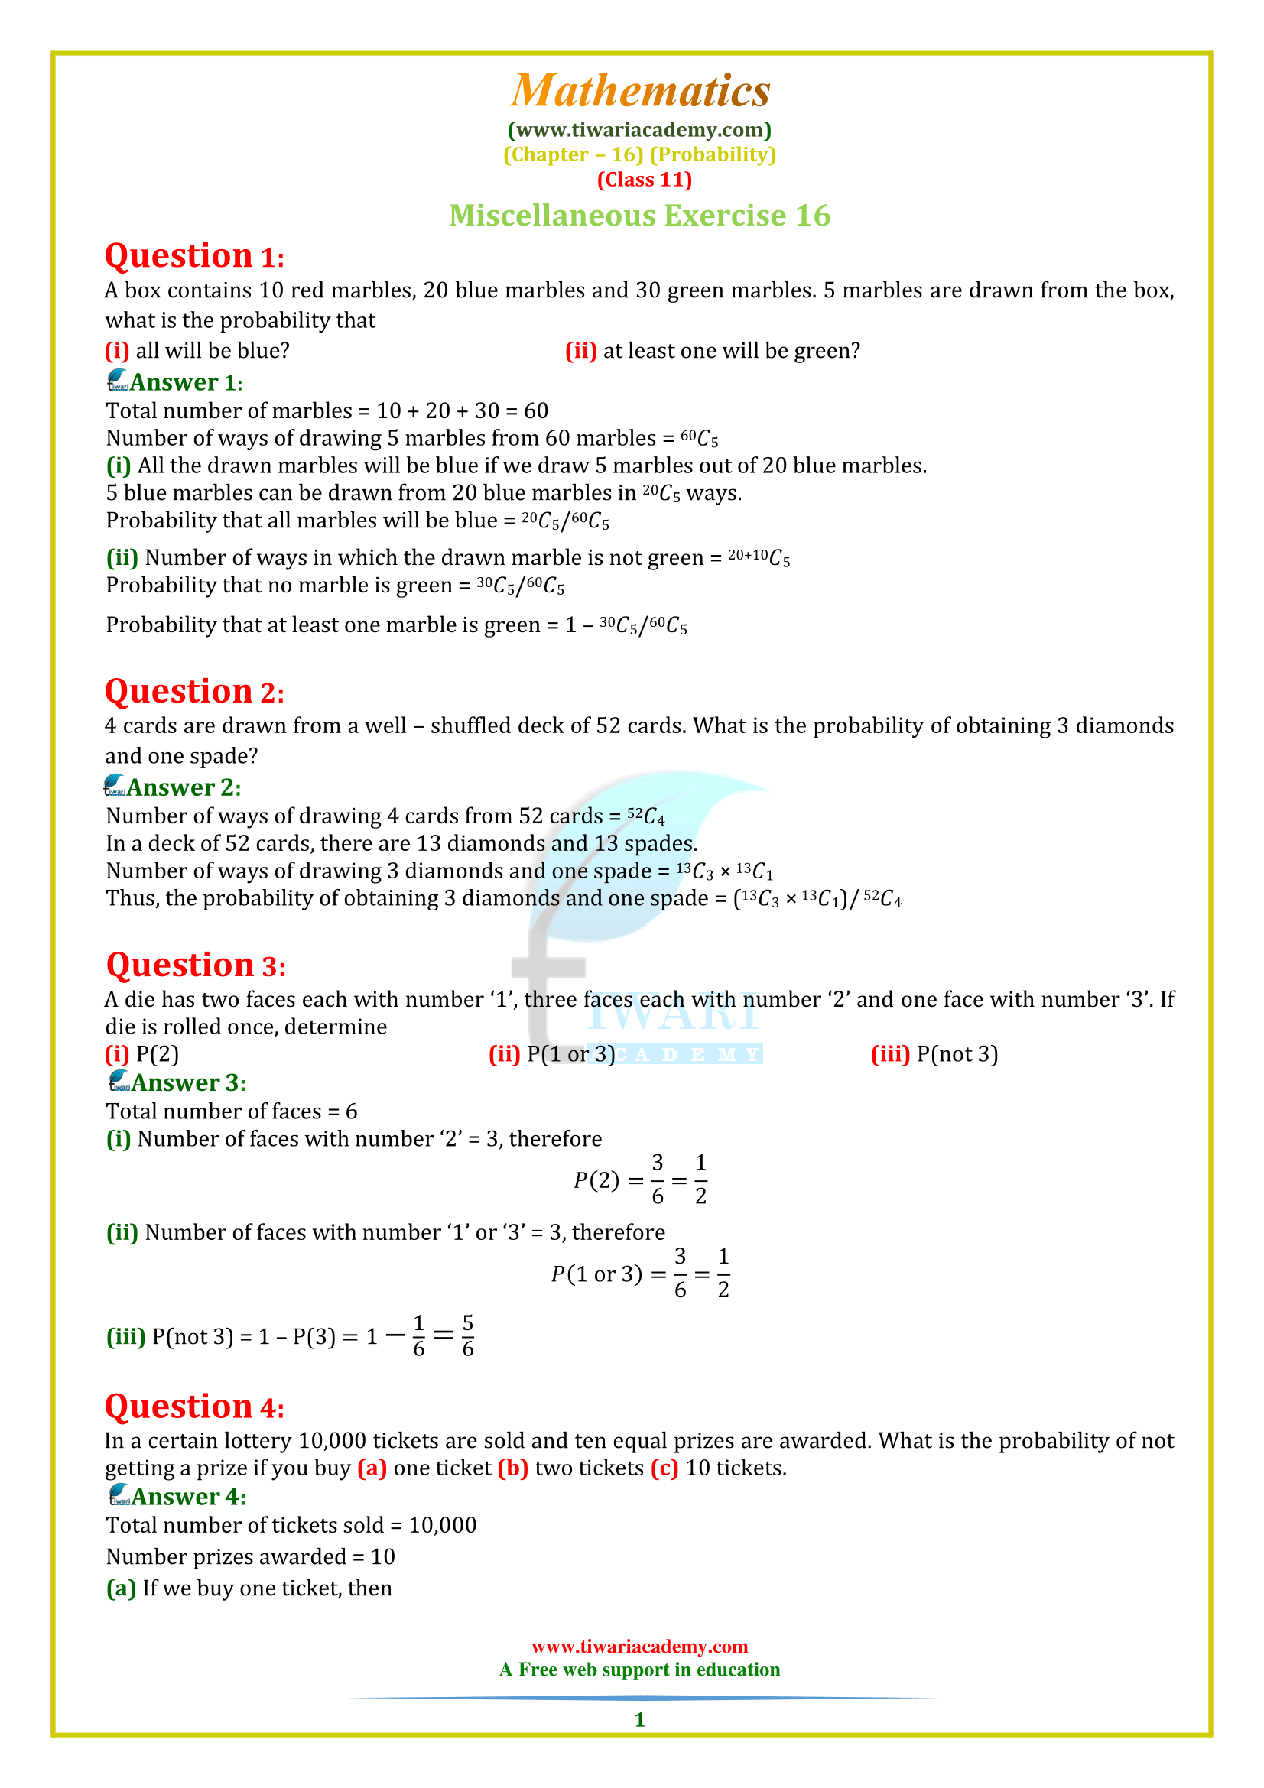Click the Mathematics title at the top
click(639, 91)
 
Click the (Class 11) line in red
click(644, 180)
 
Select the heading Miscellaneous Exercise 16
click(639, 216)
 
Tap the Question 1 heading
click(195, 256)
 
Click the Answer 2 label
click(184, 787)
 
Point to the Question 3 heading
click(196, 965)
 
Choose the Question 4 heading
click(195, 1407)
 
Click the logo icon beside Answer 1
click(118, 380)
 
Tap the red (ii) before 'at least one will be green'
click(580, 351)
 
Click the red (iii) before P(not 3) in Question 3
click(890, 1054)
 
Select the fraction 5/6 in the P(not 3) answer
click(467, 1336)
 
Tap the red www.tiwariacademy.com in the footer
click(639, 1647)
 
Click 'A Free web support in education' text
click(639, 1670)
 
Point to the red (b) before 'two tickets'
click(512, 1468)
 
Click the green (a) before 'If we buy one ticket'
click(121, 1588)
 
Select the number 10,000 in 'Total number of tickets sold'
click(442, 1525)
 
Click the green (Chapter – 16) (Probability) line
click(639, 155)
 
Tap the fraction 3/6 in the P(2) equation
click(658, 1180)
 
